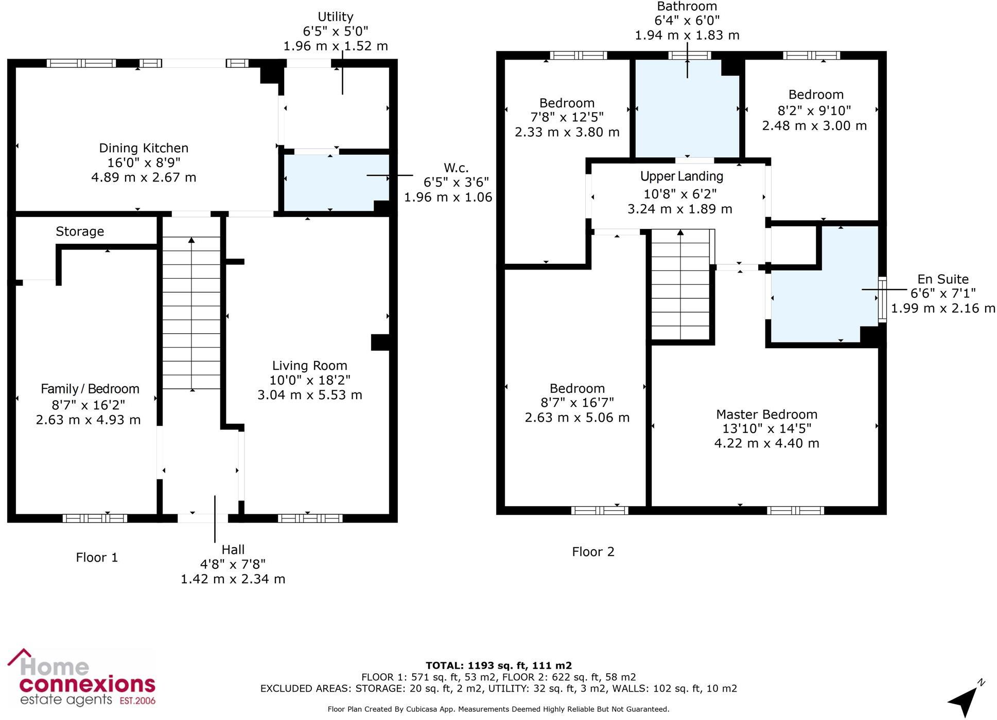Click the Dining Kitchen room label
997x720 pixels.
144,148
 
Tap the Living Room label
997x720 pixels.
309,366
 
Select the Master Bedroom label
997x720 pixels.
766,415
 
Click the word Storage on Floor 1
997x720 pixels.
80,231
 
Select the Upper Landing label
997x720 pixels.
681,176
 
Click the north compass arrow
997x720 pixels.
965,699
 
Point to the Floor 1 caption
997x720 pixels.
97,557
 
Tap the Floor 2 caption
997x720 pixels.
593,552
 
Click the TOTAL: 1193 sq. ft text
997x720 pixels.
498,665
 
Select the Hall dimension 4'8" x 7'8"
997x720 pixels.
233,564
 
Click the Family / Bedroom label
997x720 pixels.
90,389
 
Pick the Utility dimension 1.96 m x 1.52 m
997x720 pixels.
336,46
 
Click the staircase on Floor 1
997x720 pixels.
191,314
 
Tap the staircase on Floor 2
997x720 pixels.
680,285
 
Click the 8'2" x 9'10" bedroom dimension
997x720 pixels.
814,111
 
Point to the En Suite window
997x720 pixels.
882,299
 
